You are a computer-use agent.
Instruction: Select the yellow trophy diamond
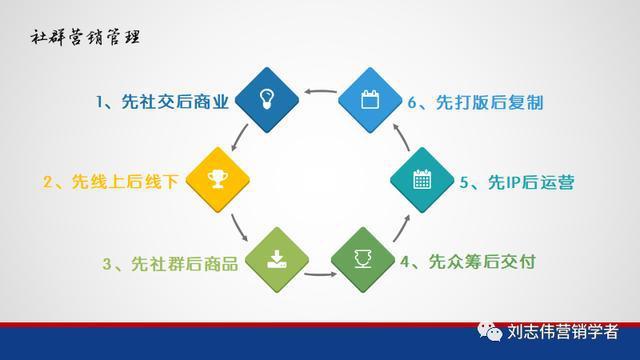tap(213, 180)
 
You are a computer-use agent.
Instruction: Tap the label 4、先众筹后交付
tap(469, 263)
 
